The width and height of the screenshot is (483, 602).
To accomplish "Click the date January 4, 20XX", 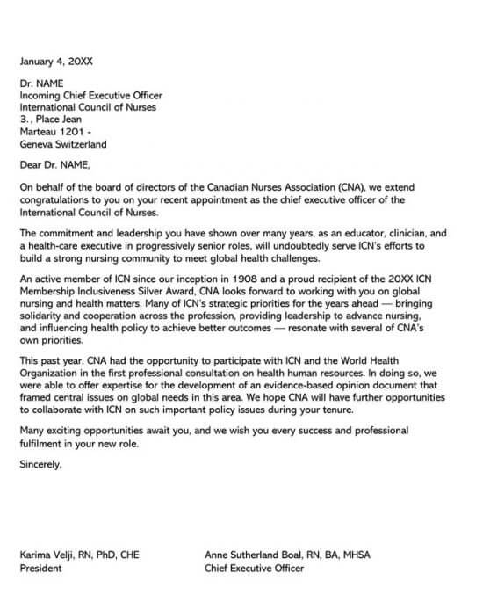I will (x=56, y=62).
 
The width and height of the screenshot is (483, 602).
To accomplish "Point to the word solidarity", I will (x=44, y=316).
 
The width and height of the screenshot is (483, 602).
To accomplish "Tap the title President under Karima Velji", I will (x=41, y=569).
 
